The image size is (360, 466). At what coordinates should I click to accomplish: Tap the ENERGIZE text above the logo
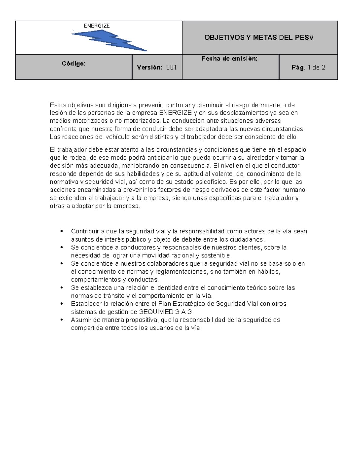click(97, 26)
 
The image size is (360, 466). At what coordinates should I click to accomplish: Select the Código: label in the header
click(74, 63)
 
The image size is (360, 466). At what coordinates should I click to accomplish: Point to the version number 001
click(172, 68)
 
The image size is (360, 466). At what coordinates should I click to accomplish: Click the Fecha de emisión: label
click(229, 59)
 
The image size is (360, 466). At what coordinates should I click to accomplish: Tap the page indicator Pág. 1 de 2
click(308, 68)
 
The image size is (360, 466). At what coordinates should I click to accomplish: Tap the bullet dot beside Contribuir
click(62, 231)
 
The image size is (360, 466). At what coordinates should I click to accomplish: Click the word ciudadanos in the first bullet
click(247, 239)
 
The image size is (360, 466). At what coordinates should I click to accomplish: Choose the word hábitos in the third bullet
click(268, 272)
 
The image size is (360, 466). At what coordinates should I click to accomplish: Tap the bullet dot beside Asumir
click(62, 320)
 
